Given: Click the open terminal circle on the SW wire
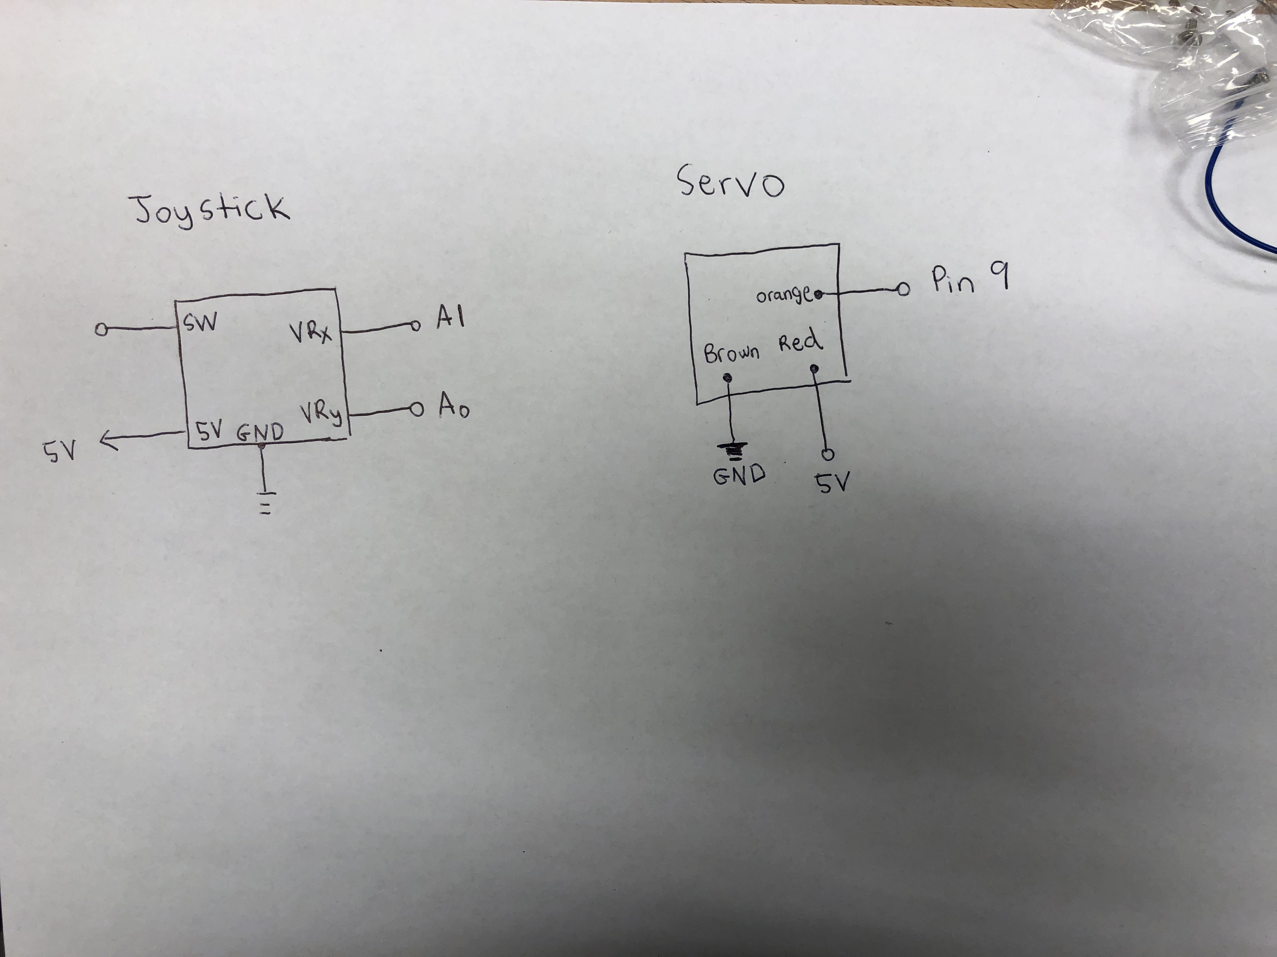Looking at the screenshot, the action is pos(102,330).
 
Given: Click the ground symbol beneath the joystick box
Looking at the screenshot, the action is pos(265,502).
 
